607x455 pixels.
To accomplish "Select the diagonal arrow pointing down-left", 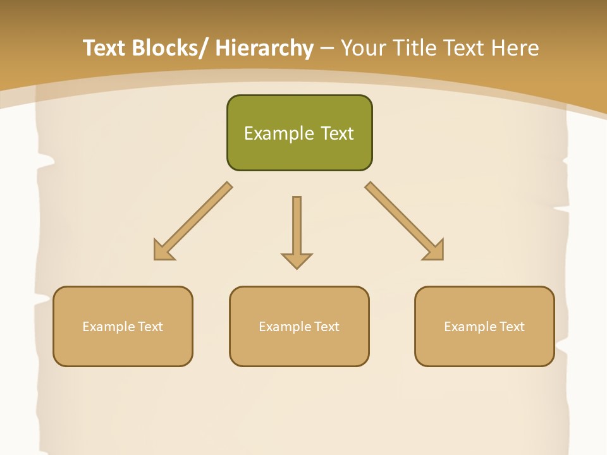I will click(192, 221).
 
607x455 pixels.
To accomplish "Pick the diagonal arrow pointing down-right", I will click(405, 221).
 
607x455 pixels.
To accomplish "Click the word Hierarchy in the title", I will click(264, 48).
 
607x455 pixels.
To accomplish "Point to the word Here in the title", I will click(515, 48).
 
